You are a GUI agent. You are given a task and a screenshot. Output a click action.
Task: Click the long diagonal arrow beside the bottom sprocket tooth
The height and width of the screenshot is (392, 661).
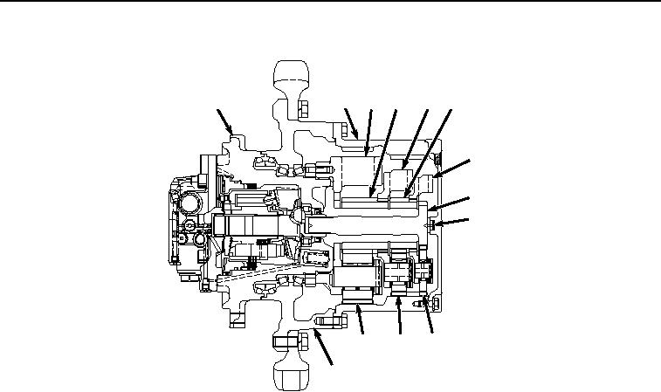click(324, 352)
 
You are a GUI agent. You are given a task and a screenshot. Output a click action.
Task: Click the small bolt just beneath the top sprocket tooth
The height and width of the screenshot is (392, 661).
click(302, 109)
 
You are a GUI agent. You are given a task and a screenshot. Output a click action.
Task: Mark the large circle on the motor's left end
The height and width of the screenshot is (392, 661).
click(190, 204)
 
